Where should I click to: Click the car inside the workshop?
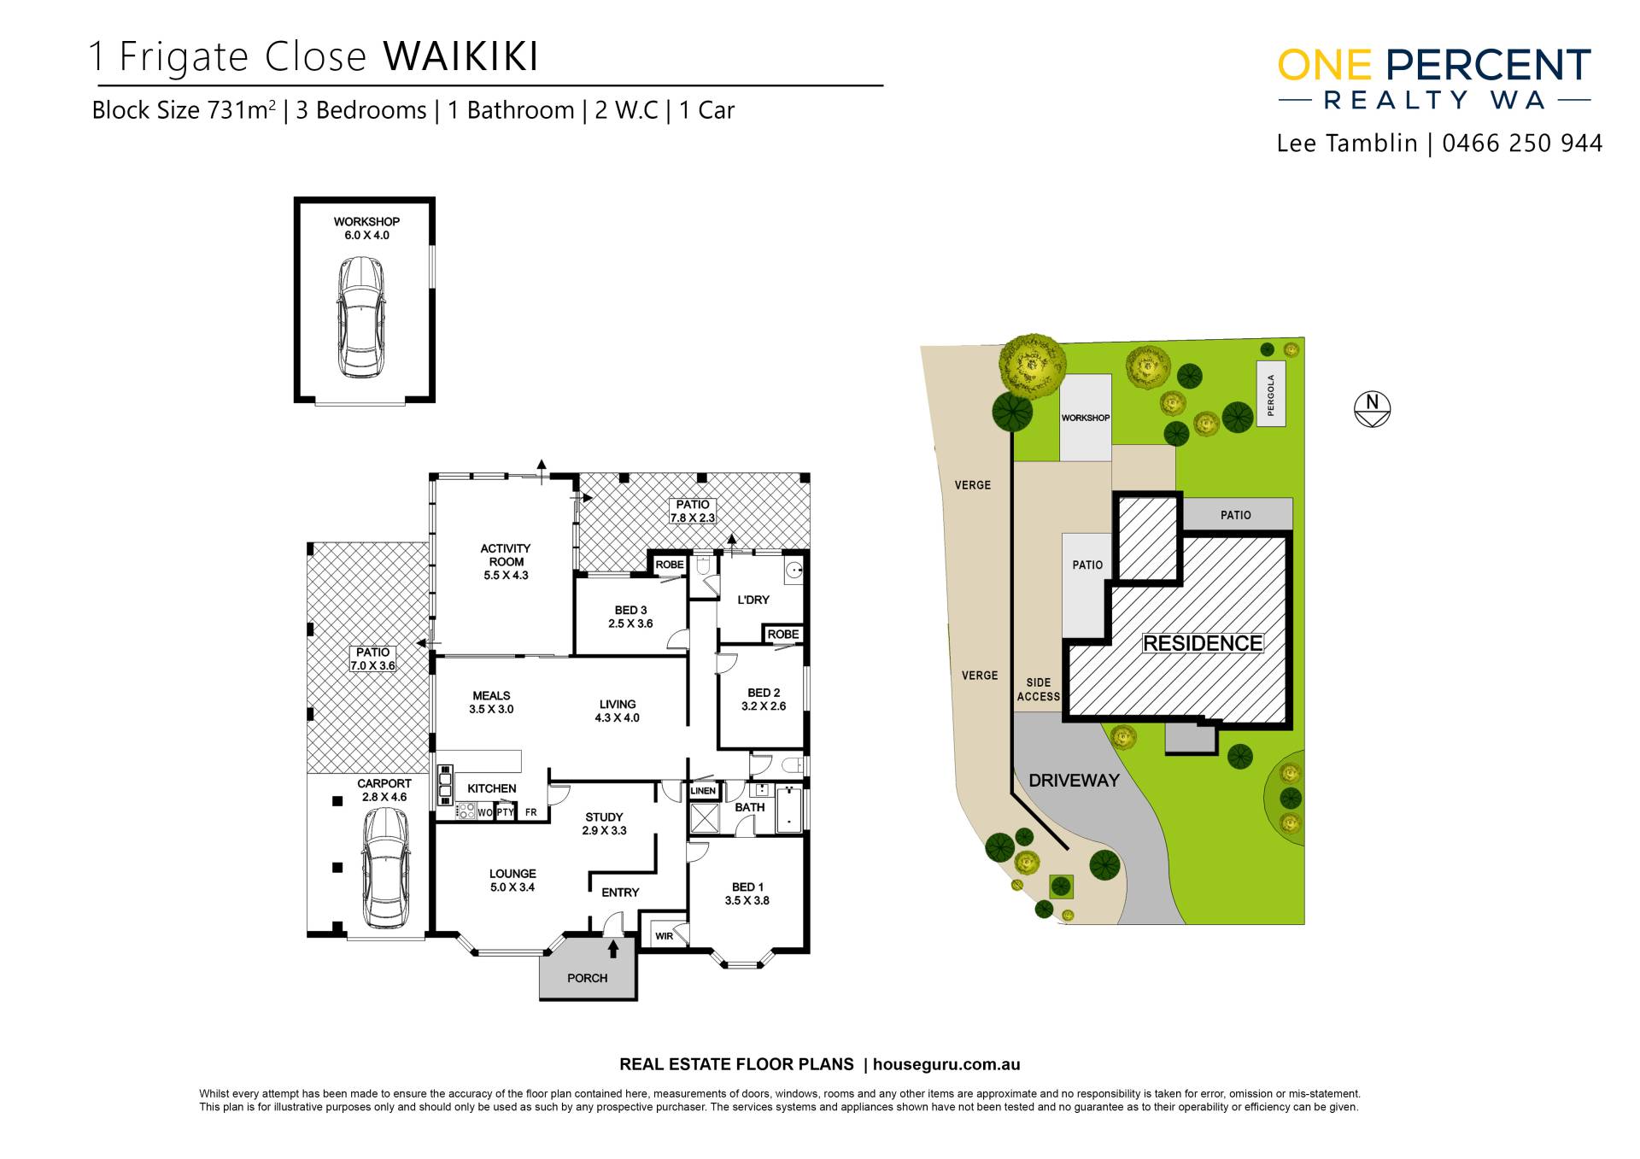click(361, 316)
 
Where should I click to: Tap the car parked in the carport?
click(385, 868)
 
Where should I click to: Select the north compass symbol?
click(1373, 409)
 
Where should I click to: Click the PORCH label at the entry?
click(587, 978)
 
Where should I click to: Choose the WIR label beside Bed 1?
click(665, 936)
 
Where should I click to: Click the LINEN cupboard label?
click(703, 791)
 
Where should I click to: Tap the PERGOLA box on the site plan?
click(1271, 395)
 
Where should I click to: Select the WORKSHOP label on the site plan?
click(1086, 418)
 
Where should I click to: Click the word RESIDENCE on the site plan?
click(1203, 643)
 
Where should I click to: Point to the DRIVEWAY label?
click(1074, 780)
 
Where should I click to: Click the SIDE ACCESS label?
click(1039, 689)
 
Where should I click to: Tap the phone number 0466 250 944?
click(1522, 143)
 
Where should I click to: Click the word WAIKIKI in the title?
click(460, 56)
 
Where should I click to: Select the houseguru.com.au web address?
click(946, 1064)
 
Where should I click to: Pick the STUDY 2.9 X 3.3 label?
click(604, 823)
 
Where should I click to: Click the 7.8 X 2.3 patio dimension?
click(692, 518)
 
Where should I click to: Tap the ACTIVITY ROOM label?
click(506, 555)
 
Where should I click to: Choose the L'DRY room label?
click(753, 600)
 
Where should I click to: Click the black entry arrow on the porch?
click(612, 948)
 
